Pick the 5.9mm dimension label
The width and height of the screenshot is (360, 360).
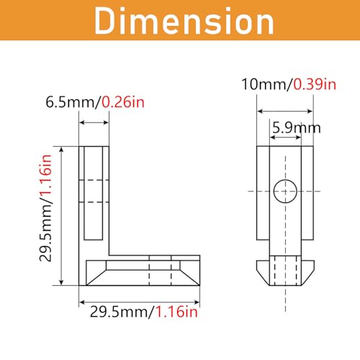(295, 128)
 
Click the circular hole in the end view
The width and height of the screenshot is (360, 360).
(285, 191)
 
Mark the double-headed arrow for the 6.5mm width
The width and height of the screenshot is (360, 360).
(94, 122)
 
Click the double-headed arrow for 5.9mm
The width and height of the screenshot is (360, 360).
(285, 139)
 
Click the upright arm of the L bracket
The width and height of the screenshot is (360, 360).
(94, 194)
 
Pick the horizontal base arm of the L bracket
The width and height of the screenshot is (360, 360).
(140, 270)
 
